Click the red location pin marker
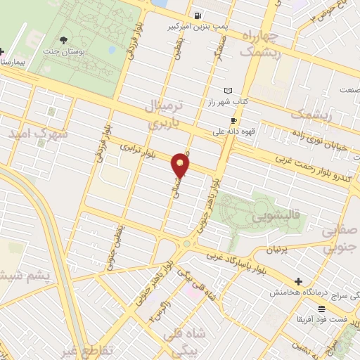pos(181,165)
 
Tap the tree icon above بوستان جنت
pos(65,40)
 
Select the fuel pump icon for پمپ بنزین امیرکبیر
pos(199,16)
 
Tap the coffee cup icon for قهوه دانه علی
pos(234,120)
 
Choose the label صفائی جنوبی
pos(340,238)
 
